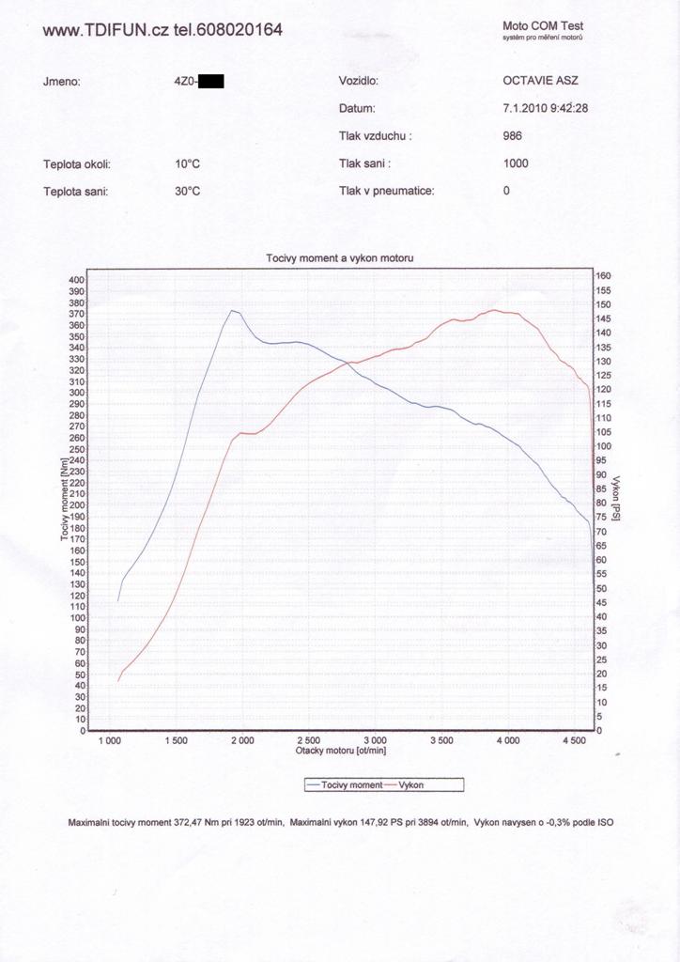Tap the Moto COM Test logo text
543,26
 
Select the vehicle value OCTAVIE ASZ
541,81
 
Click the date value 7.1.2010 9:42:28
546,108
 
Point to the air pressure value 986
513,135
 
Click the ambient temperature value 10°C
188,163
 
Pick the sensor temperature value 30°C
188,191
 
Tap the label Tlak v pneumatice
386,191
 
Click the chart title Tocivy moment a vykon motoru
340,257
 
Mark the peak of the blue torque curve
232,310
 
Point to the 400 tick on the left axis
76,280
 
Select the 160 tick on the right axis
604,276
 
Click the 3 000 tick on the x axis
374,740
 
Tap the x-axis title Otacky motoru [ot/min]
341,751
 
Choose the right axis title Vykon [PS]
616,498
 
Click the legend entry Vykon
412,784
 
